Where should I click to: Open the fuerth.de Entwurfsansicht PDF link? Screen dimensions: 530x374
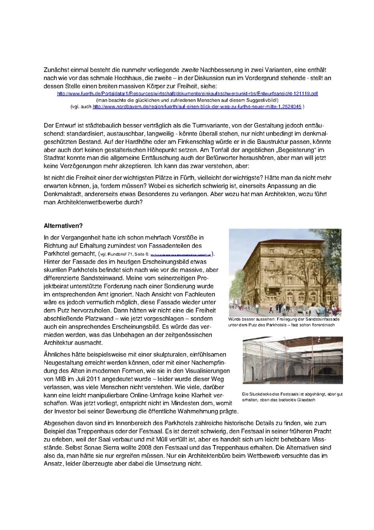[x=187, y=94]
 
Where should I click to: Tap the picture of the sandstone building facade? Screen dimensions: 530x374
[x=285, y=272]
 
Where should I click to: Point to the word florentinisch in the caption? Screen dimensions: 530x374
[x=320, y=325]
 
